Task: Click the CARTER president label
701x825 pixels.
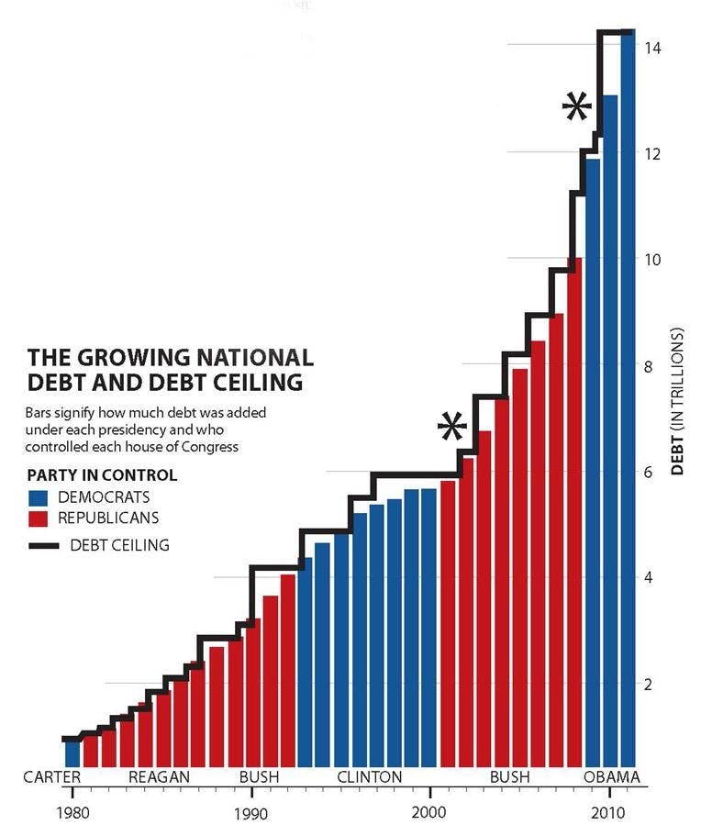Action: point(53,777)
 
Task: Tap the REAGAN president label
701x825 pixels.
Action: point(160,777)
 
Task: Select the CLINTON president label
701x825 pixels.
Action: point(369,777)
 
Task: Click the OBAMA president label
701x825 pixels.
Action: point(611,777)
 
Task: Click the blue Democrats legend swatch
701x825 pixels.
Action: point(39,497)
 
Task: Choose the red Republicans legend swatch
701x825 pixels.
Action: point(39,518)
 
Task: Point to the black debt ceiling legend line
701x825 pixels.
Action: point(43,545)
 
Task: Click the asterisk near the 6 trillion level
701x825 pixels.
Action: point(451,429)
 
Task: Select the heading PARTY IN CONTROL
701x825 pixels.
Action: point(102,475)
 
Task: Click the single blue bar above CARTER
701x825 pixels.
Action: point(72,753)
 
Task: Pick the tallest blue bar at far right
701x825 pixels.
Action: point(628,395)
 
